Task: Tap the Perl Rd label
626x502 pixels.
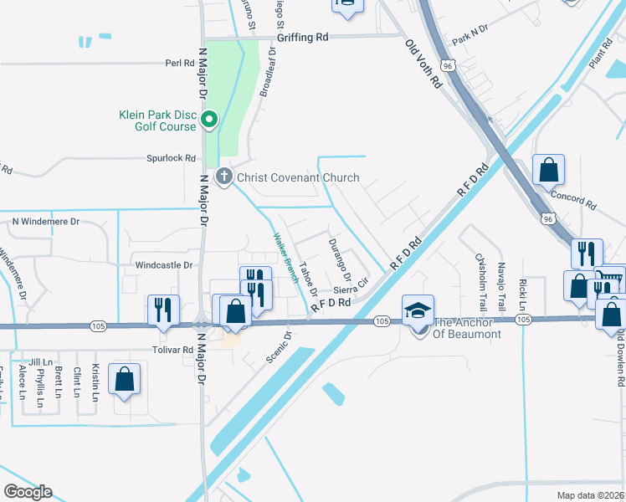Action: (x=179, y=63)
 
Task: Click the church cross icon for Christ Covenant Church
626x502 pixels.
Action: (x=223, y=177)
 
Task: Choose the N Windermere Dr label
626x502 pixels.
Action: (x=45, y=222)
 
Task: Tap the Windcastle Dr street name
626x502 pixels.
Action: (x=164, y=264)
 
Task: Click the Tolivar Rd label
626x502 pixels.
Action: (x=173, y=350)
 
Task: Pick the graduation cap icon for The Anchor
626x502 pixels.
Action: (x=417, y=310)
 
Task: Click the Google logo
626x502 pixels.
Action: (x=28, y=492)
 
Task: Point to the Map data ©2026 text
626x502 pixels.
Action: (x=590, y=494)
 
